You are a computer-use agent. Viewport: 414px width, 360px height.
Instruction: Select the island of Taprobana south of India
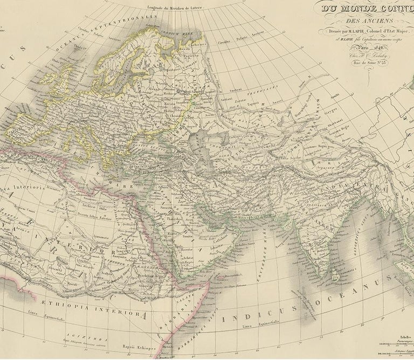click(x=337, y=276)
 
